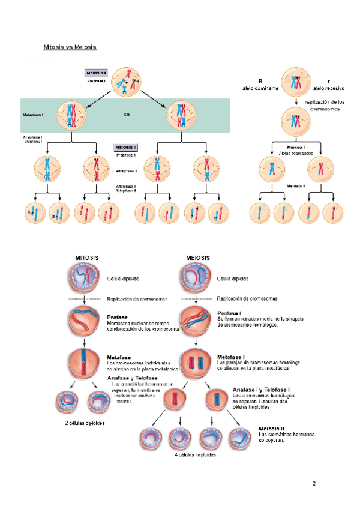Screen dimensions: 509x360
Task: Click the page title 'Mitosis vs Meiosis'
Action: click(70, 47)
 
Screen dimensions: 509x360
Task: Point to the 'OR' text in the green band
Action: click(127, 115)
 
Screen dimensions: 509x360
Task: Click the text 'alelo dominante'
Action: click(260, 88)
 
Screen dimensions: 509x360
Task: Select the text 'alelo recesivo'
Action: click(328, 88)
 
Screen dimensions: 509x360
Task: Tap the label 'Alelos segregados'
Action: click(296, 153)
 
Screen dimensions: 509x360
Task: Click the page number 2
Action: click(313, 483)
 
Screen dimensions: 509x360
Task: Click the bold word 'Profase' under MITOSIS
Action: click(117, 317)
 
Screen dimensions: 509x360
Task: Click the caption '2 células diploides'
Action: click(85, 423)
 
